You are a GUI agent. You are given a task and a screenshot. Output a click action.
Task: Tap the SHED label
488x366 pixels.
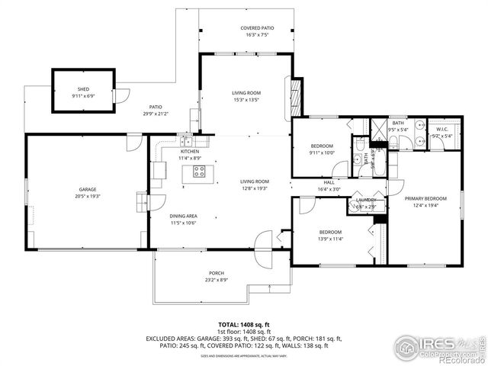(82, 89)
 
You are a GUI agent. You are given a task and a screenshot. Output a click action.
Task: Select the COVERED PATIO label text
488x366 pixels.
(246, 28)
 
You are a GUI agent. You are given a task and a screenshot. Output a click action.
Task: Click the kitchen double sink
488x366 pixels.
(188, 140)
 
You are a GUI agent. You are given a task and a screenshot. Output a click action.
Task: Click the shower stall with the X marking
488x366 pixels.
(378, 127)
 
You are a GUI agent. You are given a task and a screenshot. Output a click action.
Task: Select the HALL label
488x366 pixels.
(329, 182)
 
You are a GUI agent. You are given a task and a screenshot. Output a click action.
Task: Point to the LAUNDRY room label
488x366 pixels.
(367, 200)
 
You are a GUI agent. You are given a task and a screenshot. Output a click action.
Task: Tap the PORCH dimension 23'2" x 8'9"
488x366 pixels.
(217, 280)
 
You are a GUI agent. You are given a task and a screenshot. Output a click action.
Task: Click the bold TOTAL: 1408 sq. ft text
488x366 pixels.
(244, 325)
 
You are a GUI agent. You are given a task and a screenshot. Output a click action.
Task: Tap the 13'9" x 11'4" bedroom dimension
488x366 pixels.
(330, 239)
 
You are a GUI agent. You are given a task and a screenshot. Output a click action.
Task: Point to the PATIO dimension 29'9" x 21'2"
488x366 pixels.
(156, 114)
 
